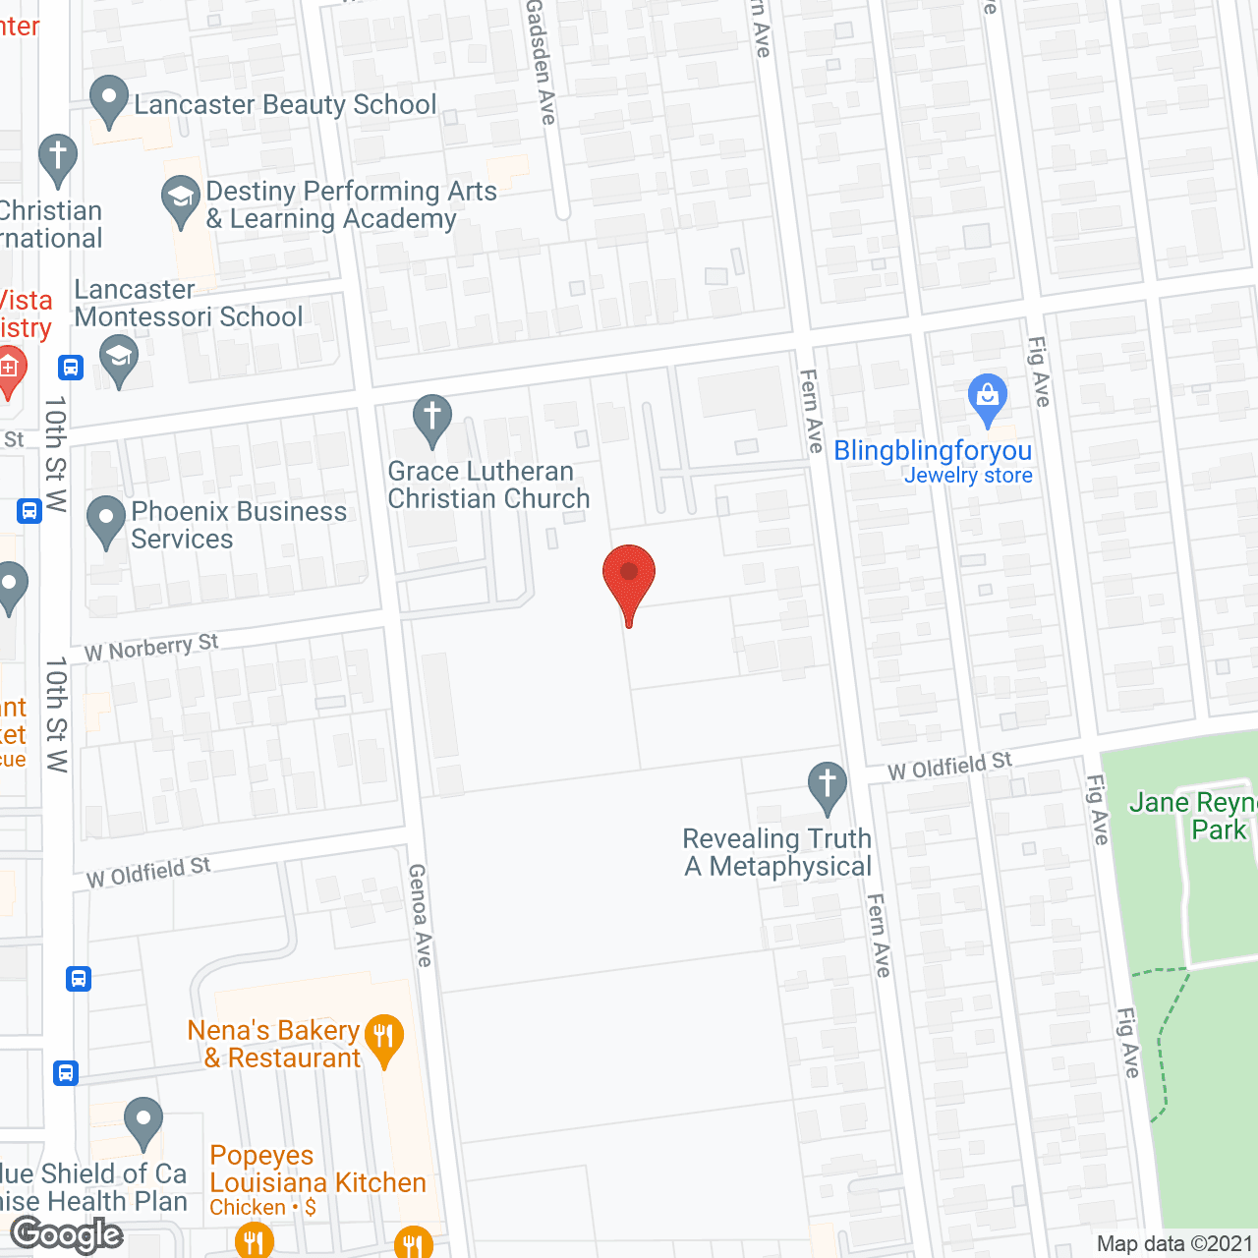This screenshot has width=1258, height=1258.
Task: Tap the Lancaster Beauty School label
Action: pos(285,105)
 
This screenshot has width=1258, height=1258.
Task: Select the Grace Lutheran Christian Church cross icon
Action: pos(431,420)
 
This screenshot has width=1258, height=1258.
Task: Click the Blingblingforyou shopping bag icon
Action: pos(988,398)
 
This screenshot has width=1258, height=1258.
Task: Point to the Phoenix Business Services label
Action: pos(239,525)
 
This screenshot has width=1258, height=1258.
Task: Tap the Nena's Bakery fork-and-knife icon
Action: pos(384,1038)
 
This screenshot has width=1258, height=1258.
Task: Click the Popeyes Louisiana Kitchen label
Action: pos(317,1170)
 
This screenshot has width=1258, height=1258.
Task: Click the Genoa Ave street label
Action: pos(421,914)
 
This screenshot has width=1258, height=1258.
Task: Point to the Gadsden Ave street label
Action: pos(541,61)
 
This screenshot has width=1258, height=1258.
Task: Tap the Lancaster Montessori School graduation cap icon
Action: pos(119,359)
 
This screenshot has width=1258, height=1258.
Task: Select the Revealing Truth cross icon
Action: pos(828,786)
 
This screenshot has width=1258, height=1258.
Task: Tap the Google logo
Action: pos(67,1234)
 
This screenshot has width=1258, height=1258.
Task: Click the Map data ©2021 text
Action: pos(1174,1244)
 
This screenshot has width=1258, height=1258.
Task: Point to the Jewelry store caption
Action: pos(968,476)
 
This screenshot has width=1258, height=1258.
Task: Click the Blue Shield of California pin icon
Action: pos(143,1121)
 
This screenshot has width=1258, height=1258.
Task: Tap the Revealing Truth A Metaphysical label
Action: pos(777,852)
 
